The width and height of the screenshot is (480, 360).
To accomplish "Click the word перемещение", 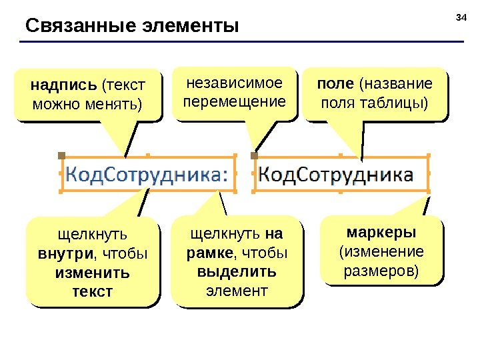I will (x=234, y=102).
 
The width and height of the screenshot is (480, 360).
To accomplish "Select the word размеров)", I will (x=381, y=271).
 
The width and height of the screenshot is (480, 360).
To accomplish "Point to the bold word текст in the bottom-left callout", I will (x=93, y=292).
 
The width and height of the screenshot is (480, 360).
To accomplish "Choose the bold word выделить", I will (x=237, y=273).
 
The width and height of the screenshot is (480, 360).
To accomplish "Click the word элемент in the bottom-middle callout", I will (x=237, y=291).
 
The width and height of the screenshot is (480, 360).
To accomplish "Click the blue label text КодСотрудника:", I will (x=147, y=175).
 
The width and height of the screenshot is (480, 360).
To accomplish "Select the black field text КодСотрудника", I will (x=335, y=175).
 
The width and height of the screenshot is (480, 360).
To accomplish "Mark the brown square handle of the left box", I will (x=61, y=155).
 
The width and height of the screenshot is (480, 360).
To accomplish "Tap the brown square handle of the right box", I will (x=254, y=155).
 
